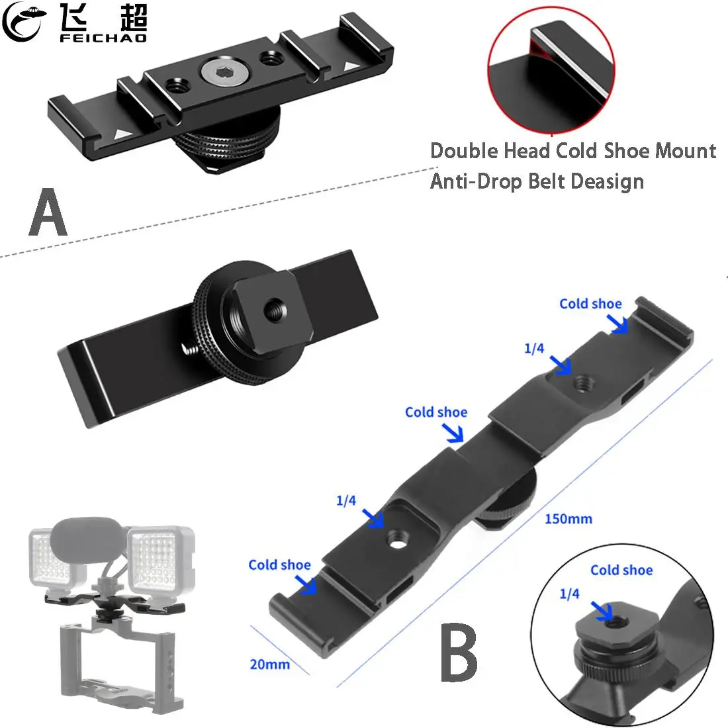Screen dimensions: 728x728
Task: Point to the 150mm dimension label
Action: [x=568, y=519]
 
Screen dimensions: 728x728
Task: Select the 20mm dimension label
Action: [x=269, y=664]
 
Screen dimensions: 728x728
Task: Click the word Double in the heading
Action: [x=464, y=151]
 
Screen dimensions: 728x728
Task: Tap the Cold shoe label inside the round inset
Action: [x=621, y=570]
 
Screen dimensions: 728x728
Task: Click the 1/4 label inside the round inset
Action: [x=569, y=594]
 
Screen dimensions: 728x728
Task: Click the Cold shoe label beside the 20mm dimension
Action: [x=279, y=565]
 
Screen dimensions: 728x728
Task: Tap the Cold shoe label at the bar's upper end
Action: [x=590, y=304]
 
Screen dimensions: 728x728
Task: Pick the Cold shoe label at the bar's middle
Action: [x=436, y=412]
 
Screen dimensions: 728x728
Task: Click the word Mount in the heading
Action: [x=686, y=151]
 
